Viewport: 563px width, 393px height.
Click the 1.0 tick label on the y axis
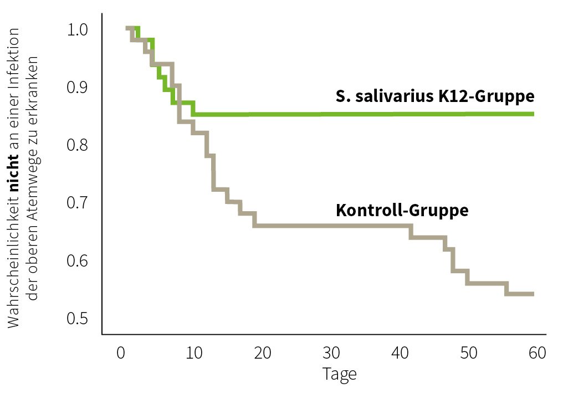coord(78,29)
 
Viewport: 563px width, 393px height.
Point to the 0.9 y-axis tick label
coord(78,87)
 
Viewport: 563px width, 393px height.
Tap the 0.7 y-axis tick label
coord(78,203)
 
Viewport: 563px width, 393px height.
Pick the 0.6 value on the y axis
coord(78,261)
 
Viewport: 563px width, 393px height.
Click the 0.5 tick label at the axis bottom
coord(78,319)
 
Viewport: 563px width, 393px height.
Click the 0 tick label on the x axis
coord(121,353)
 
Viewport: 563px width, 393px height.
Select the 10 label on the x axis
coord(190,353)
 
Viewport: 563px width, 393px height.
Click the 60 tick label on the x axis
coord(537,353)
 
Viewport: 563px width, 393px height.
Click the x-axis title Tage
coord(339,374)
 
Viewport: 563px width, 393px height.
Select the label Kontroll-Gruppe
coord(402,211)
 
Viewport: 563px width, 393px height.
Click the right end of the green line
coord(533,114)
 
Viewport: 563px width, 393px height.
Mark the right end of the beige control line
coord(533,294)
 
